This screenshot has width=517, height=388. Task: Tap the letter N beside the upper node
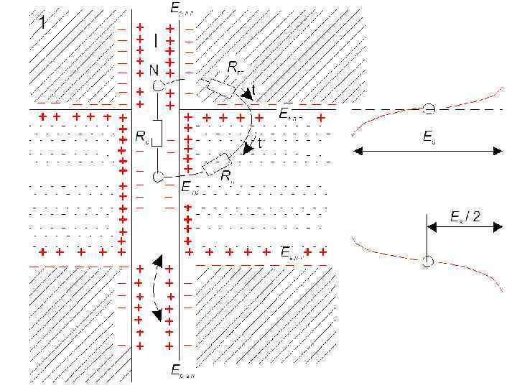click(x=154, y=70)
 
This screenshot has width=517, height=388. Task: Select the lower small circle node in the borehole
click(x=158, y=175)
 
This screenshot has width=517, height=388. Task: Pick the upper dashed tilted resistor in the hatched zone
click(x=220, y=88)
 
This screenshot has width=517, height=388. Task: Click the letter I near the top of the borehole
click(x=156, y=42)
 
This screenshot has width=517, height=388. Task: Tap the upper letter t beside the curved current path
click(x=253, y=91)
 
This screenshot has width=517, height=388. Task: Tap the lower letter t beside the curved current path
click(x=258, y=143)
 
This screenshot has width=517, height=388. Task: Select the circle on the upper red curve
click(x=429, y=109)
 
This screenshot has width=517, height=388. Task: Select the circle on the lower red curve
click(x=427, y=262)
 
